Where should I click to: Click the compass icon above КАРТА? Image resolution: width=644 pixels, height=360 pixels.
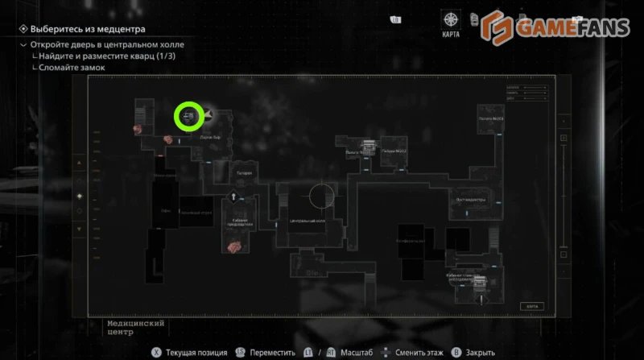click(452, 19)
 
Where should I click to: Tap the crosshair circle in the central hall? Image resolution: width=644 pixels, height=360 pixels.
click(321, 196)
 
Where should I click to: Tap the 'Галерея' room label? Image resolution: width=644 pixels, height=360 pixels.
click(244, 172)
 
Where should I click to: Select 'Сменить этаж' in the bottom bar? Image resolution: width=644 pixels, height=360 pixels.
click(416, 352)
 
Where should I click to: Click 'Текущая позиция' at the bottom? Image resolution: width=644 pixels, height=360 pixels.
click(192, 352)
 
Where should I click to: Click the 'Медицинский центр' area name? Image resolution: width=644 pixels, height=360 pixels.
click(135, 327)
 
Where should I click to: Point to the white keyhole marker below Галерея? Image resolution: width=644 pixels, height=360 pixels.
click(233, 196)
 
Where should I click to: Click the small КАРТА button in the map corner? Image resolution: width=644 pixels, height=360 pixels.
click(530, 306)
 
